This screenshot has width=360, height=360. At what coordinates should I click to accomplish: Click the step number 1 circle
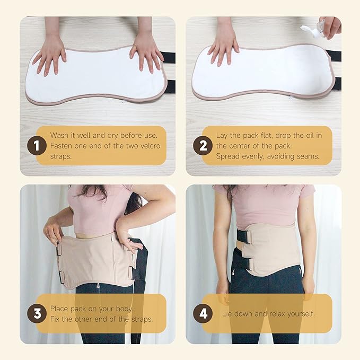[37, 146]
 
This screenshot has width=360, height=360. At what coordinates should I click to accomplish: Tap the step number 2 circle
[203, 146]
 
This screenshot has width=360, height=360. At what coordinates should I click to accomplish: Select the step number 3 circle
[37, 313]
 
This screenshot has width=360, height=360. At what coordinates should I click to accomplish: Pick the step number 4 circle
[203, 313]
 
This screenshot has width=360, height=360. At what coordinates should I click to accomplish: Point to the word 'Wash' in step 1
[59, 135]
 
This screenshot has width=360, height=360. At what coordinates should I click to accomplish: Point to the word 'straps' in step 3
[141, 320]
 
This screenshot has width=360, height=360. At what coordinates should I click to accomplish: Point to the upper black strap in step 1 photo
[169, 57]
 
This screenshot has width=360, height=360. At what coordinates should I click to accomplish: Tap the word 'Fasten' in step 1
[60, 146]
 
